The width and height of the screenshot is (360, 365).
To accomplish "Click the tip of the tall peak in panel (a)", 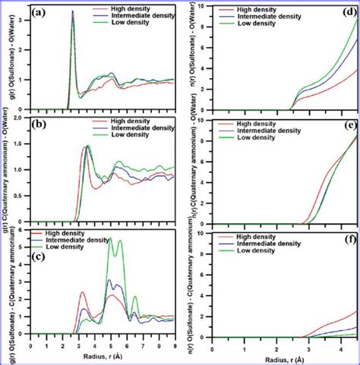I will point(73,11).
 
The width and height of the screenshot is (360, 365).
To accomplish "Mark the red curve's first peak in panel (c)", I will point(82,292).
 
